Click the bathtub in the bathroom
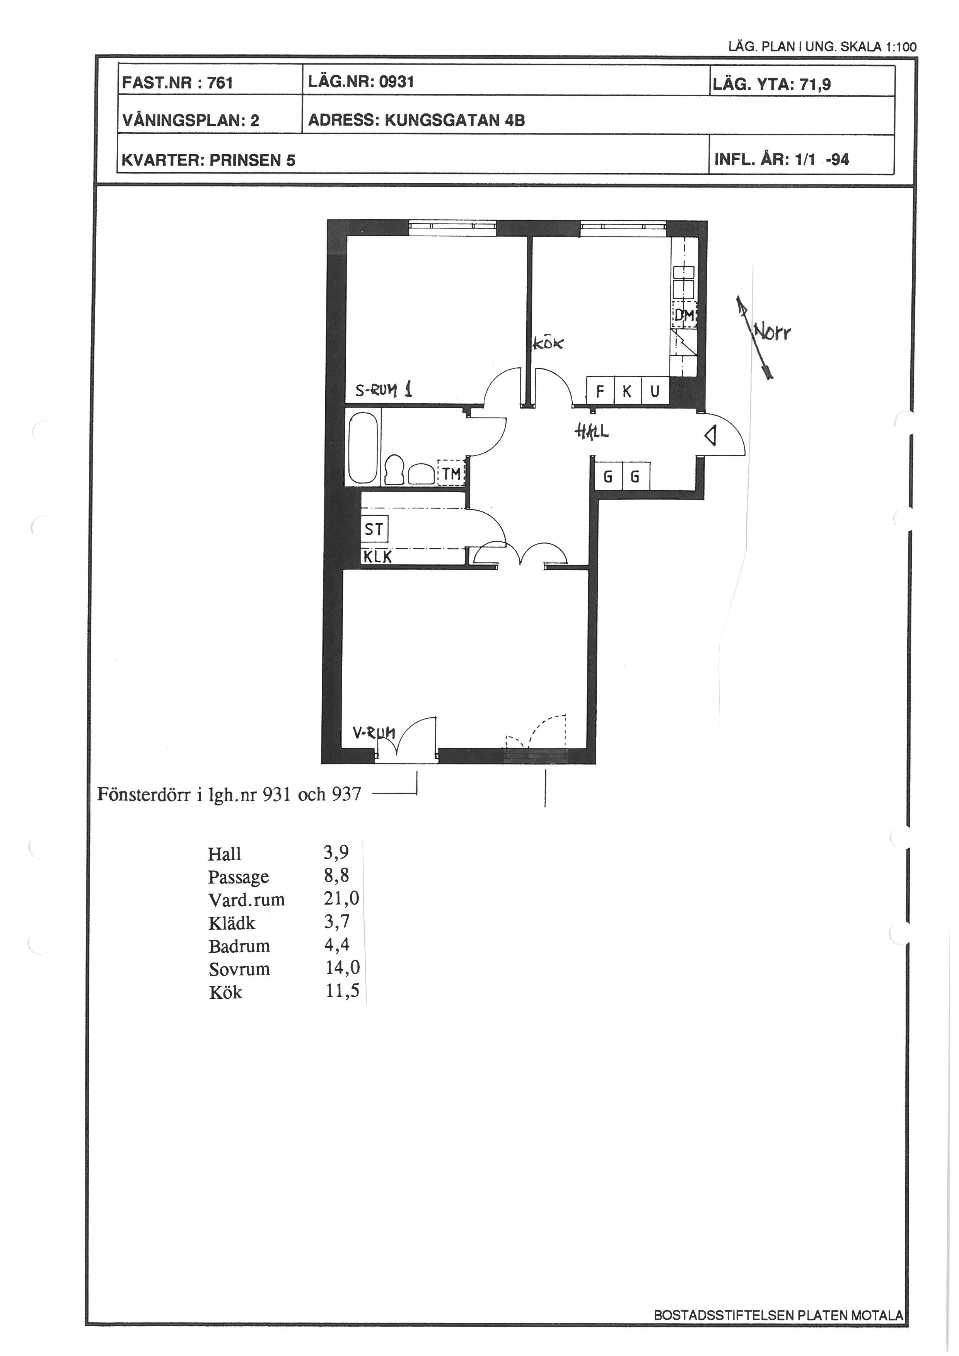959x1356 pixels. click(363, 448)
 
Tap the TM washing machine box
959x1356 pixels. click(452, 473)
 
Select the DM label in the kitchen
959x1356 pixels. click(684, 316)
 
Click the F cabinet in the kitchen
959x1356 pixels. click(601, 391)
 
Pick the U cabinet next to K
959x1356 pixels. click(655, 391)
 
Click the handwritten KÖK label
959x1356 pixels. click(549, 343)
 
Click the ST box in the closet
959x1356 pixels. click(374, 529)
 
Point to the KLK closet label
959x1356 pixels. click(377, 556)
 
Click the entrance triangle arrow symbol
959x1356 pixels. click(711, 437)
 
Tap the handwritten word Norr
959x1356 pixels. click(772, 334)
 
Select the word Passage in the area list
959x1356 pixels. click(239, 878)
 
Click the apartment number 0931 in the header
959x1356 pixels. click(397, 82)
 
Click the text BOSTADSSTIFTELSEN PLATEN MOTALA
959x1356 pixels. click(778, 1315)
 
